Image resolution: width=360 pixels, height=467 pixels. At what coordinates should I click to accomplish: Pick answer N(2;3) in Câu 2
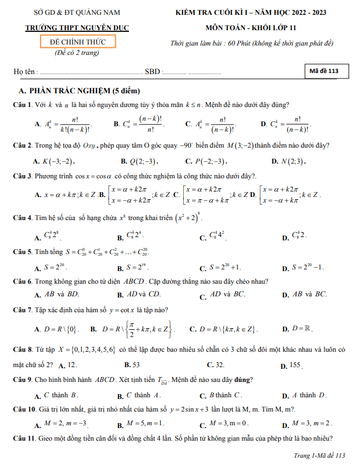tap(292, 161)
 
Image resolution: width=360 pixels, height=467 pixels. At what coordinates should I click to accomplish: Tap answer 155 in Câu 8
tap(295, 364)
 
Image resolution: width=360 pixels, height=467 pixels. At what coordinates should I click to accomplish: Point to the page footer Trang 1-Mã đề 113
tap(319, 455)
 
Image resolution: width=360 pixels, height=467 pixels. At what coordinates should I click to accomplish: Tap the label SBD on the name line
tap(152, 72)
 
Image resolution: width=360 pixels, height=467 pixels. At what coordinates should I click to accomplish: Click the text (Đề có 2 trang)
tap(77, 53)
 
